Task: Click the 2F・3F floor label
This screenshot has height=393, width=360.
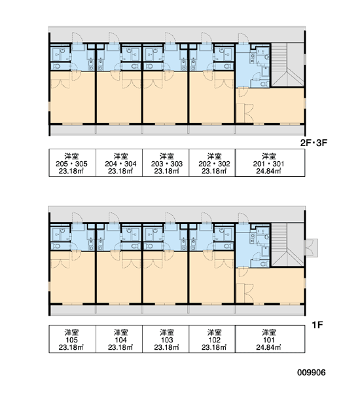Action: click(x=314, y=143)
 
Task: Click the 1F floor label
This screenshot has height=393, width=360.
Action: click(x=317, y=325)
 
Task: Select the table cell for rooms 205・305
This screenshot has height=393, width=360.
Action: click(x=72, y=163)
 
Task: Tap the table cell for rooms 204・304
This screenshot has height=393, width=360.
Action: click(x=119, y=163)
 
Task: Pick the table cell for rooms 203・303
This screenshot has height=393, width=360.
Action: click(x=166, y=163)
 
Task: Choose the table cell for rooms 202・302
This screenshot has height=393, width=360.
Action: click(x=212, y=163)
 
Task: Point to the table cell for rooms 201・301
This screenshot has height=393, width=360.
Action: click(x=270, y=163)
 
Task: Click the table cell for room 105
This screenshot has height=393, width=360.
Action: click(x=72, y=339)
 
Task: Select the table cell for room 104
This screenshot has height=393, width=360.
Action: click(x=119, y=339)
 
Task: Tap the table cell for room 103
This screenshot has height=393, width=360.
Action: click(x=166, y=339)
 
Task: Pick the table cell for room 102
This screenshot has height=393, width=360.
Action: click(x=212, y=339)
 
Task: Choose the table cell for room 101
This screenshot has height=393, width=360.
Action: click(x=270, y=339)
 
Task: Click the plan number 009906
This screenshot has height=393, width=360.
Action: click(x=312, y=373)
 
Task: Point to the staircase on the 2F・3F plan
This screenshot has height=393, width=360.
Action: click(x=287, y=65)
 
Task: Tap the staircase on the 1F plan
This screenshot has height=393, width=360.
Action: click(x=287, y=245)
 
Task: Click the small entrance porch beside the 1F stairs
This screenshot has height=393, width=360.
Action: click(x=312, y=248)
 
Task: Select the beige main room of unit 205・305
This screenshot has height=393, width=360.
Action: click(x=73, y=98)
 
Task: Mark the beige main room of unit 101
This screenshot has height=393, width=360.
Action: click(x=270, y=285)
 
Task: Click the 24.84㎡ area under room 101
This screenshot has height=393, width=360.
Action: click(x=268, y=347)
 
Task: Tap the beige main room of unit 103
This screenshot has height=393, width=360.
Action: click(x=166, y=278)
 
